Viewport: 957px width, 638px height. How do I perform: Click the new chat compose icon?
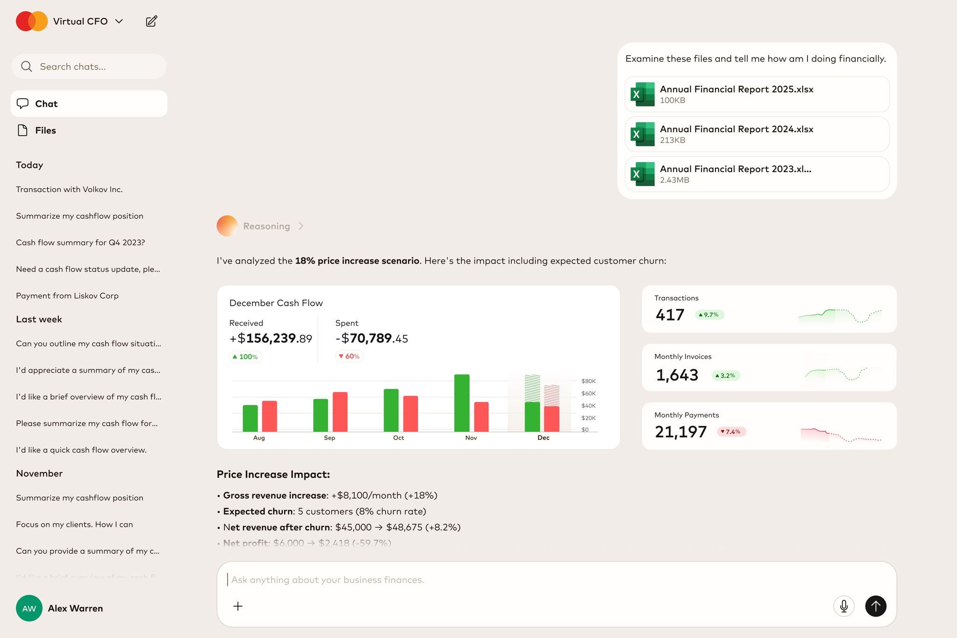click(x=151, y=22)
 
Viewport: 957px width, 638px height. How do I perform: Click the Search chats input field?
click(x=93, y=66)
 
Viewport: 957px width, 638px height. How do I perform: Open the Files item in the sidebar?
click(x=45, y=130)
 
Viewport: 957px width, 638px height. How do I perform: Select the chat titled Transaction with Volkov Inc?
click(x=69, y=189)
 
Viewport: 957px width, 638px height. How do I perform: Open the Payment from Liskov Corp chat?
click(x=67, y=296)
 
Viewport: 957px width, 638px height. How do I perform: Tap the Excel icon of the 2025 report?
click(x=643, y=94)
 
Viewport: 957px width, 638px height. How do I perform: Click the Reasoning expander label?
click(x=266, y=226)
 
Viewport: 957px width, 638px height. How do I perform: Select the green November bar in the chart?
click(x=462, y=402)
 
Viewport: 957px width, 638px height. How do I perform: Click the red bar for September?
click(x=340, y=411)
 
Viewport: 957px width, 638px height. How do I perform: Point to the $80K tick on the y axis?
click(x=588, y=381)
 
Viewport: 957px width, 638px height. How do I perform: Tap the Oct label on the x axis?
click(x=399, y=438)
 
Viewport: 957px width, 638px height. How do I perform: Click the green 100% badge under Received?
click(x=246, y=357)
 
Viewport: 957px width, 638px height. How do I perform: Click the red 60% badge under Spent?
click(x=350, y=357)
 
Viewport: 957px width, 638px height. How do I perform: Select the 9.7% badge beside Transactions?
click(x=709, y=315)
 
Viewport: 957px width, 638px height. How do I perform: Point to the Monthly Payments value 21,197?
click(x=680, y=432)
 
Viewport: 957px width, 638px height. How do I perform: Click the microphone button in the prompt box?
click(x=843, y=606)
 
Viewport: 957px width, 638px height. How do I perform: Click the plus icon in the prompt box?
click(x=238, y=606)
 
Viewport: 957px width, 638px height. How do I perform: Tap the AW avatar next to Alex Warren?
click(x=29, y=608)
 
